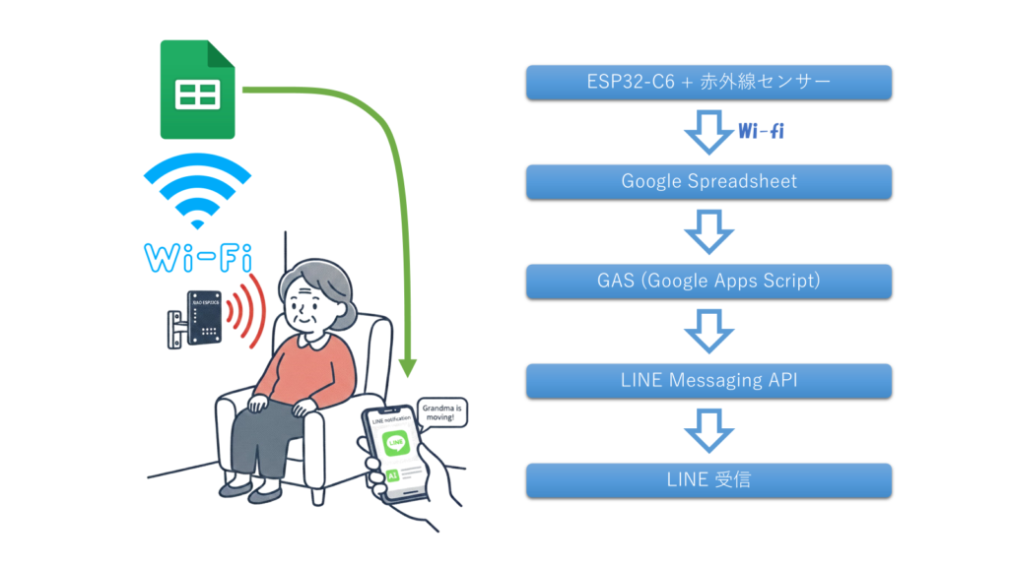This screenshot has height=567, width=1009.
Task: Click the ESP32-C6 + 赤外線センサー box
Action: pyautogui.click(x=708, y=83)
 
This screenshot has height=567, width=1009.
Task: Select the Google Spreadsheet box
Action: pyautogui.click(x=708, y=181)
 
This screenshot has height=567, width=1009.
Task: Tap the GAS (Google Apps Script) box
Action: pyautogui.click(x=708, y=281)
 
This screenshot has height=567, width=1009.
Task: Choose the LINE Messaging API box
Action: pyautogui.click(x=708, y=380)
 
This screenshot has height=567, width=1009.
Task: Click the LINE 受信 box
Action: pyautogui.click(x=708, y=479)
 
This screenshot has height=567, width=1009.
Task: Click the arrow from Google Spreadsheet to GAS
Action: pyautogui.click(x=709, y=231)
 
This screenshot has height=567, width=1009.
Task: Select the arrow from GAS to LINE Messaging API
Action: pyautogui.click(x=709, y=331)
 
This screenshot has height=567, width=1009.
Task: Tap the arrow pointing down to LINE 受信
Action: pyautogui.click(x=709, y=430)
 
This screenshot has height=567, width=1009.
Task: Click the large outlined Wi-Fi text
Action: pyautogui.click(x=197, y=258)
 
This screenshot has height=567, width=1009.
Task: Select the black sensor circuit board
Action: pyautogui.click(x=203, y=316)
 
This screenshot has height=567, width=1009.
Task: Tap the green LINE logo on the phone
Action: pyautogui.click(x=395, y=444)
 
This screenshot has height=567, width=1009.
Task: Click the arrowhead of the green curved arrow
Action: pyautogui.click(x=408, y=368)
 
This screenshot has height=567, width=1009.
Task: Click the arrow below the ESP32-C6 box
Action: pyautogui.click(x=709, y=133)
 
